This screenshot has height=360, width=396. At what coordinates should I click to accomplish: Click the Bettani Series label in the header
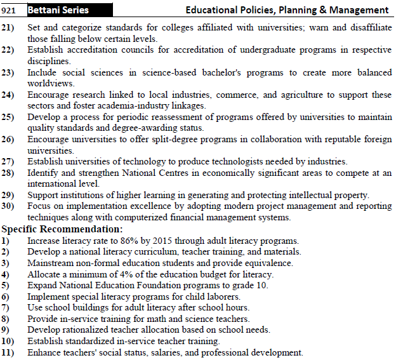(58, 10)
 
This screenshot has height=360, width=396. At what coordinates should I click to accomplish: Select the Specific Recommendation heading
(62, 229)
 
